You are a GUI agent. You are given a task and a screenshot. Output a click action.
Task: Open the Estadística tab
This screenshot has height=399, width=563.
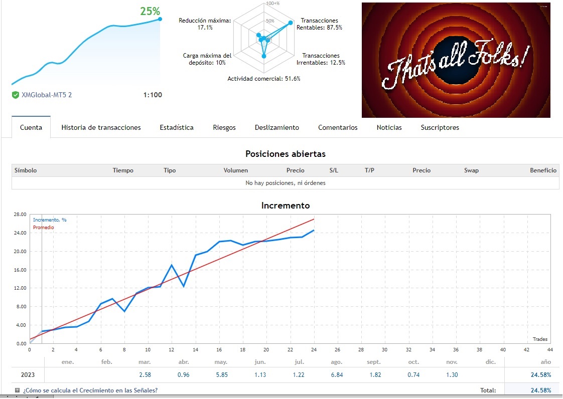[x=177, y=127]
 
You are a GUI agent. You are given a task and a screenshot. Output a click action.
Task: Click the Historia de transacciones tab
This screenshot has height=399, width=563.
[x=101, y=127]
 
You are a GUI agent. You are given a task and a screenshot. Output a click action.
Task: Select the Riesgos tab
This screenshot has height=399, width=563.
[x=224, y=127]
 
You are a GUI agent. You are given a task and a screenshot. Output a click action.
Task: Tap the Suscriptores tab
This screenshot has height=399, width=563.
[x=440, y=127]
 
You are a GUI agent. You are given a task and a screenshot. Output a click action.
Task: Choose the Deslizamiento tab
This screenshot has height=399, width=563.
[x=277, y=127]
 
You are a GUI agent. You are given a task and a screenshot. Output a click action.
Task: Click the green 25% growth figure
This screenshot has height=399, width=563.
[x=150, y=11]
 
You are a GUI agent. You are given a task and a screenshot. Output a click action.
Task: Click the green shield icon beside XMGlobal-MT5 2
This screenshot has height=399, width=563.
[x=16, y=95]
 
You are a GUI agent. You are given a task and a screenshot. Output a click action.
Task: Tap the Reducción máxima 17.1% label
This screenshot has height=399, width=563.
[x=205, y=24]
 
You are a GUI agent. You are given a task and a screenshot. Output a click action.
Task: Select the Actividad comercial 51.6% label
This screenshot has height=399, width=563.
[x=264, y=79]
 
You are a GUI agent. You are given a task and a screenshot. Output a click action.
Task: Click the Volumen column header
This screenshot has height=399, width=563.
[x=236, y=170]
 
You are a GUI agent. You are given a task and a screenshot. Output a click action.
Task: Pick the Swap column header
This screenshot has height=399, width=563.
[x=471, y=170]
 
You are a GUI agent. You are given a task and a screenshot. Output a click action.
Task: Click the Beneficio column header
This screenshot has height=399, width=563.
[x=543, y=170]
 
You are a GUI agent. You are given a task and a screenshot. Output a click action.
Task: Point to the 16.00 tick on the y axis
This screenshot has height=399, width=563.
[x=20, y=270]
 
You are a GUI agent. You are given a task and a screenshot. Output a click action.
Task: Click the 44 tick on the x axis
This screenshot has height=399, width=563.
[x=550, y=349]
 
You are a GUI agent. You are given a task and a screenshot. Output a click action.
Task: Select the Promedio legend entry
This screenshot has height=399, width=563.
[x=44, y=228]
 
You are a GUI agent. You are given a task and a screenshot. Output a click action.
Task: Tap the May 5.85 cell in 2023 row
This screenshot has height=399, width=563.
[x=221, y=374]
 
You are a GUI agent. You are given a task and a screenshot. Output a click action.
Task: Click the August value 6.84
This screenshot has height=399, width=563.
[x=337, y=374]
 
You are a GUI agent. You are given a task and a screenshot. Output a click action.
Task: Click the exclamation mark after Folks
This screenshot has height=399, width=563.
[x=524, y=59]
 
